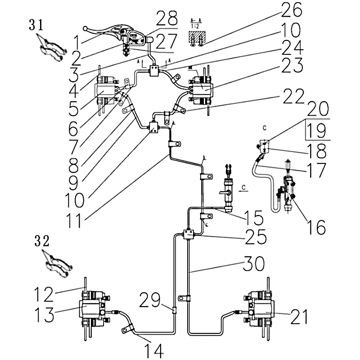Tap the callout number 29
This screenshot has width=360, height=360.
[148, 299]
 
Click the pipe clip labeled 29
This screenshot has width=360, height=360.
[175, 310]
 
